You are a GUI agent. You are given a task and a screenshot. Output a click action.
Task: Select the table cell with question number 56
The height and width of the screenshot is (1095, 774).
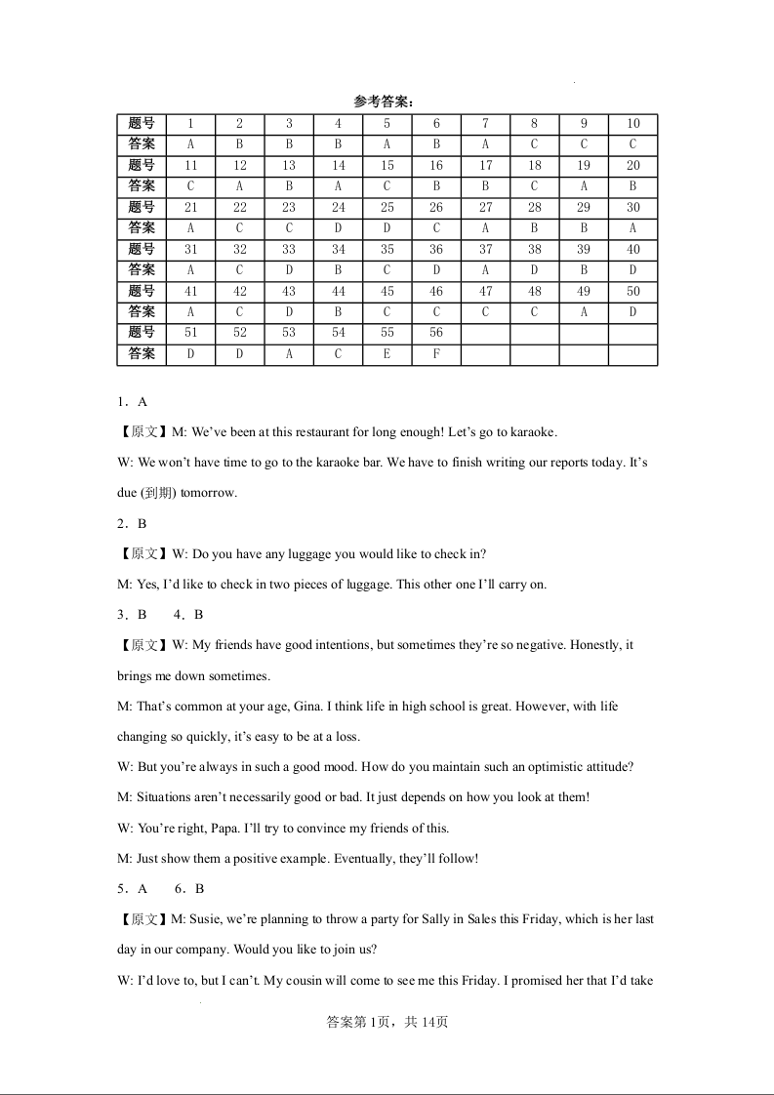coord(436,333)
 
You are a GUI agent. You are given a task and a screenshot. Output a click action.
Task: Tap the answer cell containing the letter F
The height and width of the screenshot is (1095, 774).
coord(436,354)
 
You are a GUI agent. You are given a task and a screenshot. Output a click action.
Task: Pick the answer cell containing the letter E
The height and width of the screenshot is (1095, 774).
coord(387,354)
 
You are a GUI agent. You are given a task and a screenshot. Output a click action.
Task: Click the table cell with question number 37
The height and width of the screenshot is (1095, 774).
coord(485,250)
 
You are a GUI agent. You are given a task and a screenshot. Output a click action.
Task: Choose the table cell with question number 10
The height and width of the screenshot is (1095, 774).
coord(632,124)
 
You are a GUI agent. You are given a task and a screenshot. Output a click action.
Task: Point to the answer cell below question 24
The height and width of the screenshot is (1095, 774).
coord(338,228)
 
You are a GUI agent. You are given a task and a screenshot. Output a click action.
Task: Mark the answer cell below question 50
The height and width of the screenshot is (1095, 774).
coord(632,312)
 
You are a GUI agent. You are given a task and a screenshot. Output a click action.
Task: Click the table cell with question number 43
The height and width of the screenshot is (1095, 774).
coord(289,291)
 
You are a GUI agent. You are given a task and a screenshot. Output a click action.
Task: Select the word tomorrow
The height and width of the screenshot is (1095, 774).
coord(208,493)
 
